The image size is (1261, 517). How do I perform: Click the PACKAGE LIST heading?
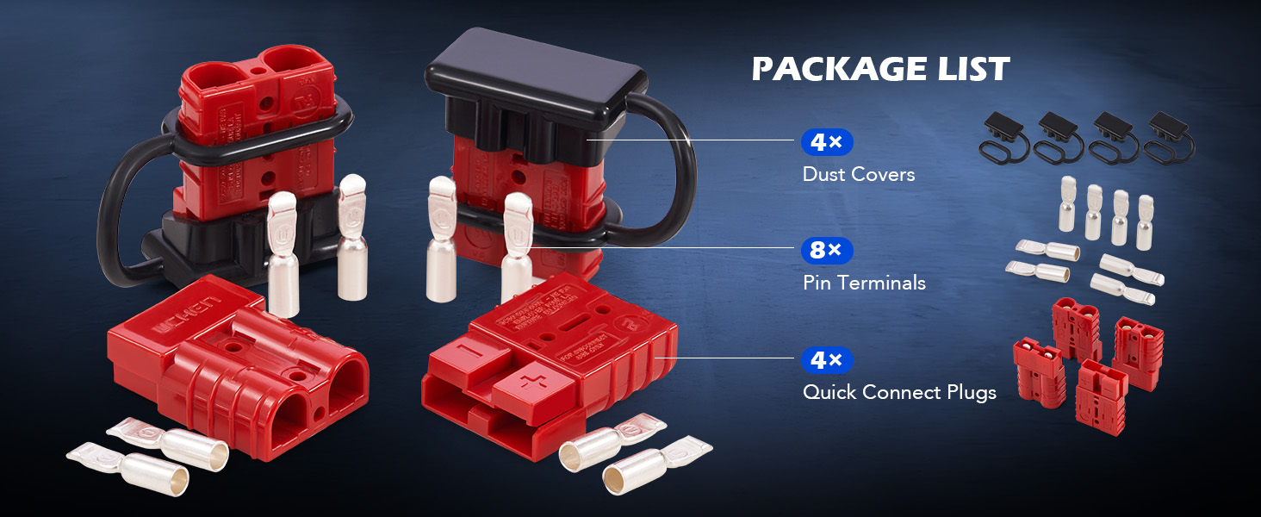coord(880,70)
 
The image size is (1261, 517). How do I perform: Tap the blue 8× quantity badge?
coord(826,251)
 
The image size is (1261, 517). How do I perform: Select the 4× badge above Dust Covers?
coord(826,142)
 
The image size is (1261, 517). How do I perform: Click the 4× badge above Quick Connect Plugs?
coord(826,360)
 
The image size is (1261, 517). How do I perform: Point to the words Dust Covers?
coord(858,174)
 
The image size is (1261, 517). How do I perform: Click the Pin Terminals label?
coord(864,283)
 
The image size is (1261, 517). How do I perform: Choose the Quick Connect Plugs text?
coord(899,393)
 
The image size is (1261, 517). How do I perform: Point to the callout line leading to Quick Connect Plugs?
coord(724,358)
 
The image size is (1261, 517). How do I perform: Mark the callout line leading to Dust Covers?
coord(689,140)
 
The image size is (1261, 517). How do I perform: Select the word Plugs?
coord(969,393)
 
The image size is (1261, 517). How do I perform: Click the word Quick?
coord(830,393)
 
